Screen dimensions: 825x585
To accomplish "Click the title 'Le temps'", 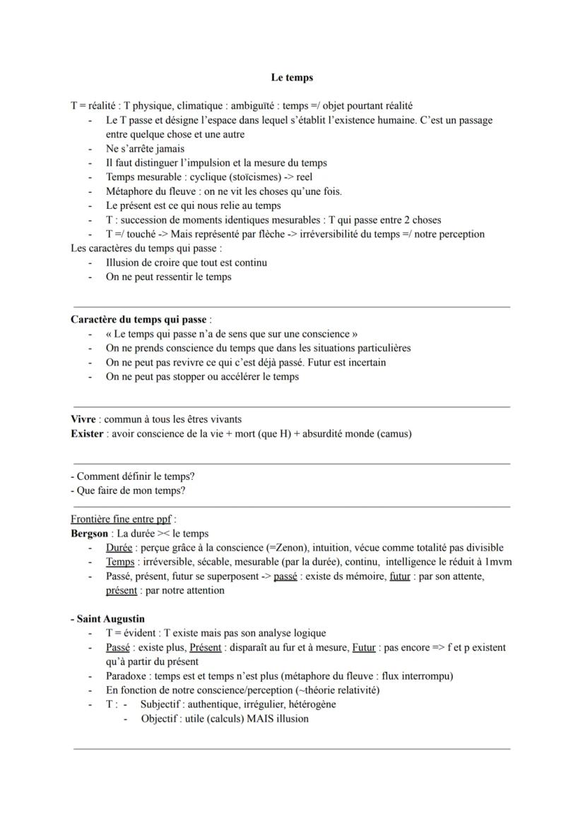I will tap(292, 77).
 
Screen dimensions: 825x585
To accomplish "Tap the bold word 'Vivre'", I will tap(83, 420).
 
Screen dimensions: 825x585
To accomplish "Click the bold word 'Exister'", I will tap(87, 434).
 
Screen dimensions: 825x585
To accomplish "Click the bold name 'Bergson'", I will tap(90, 534).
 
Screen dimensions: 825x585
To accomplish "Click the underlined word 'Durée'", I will tap(119, 548).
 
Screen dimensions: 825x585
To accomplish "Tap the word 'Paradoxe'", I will tap(127, 676).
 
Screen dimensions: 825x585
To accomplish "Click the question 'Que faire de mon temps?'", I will tap(131, 491).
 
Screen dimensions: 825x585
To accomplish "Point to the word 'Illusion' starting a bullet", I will tap(124, 263).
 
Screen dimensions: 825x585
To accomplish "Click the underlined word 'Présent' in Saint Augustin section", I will tap(206, 647).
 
